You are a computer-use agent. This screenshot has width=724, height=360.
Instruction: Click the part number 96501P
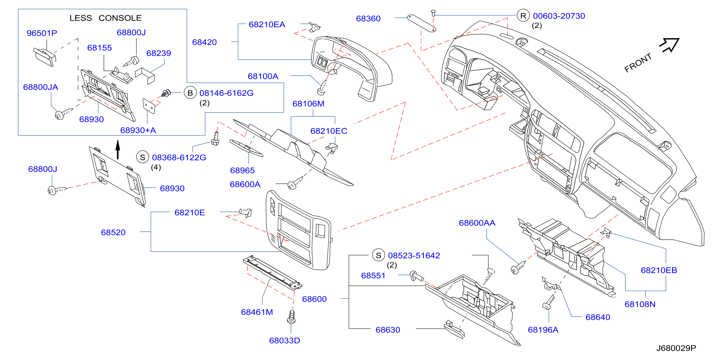coord(42,33)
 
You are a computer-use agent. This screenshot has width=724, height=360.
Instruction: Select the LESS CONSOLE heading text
coord(106,18)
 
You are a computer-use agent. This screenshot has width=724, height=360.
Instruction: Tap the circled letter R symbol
coord(523,16)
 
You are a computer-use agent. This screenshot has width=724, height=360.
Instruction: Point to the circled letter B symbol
coord(190,93)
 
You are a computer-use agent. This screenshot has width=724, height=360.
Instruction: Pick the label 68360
coord(368,19)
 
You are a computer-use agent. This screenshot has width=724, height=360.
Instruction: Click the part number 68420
coord(204,42)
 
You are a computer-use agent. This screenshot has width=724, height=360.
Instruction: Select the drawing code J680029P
coord(676,348)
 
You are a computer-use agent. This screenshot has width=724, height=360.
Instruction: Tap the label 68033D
coord(284,341)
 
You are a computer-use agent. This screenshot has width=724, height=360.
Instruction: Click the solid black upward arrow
coord(118,150)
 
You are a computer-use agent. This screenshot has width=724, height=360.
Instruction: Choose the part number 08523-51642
coord(414,255)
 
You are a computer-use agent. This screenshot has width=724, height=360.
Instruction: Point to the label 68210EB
coord(659,270)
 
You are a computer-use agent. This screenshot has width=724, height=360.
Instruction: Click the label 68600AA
coord(477,223)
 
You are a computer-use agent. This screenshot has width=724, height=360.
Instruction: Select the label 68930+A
coord(138,130)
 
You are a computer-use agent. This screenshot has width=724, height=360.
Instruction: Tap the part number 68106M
coord(308,104)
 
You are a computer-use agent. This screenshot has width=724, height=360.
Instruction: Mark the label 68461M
coord(257,312)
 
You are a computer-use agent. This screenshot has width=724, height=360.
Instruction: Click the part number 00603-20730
coord(559,16)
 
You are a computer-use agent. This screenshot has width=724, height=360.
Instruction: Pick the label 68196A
coord(543,330)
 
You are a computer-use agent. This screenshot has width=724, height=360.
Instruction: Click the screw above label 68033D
coord(291,317)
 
